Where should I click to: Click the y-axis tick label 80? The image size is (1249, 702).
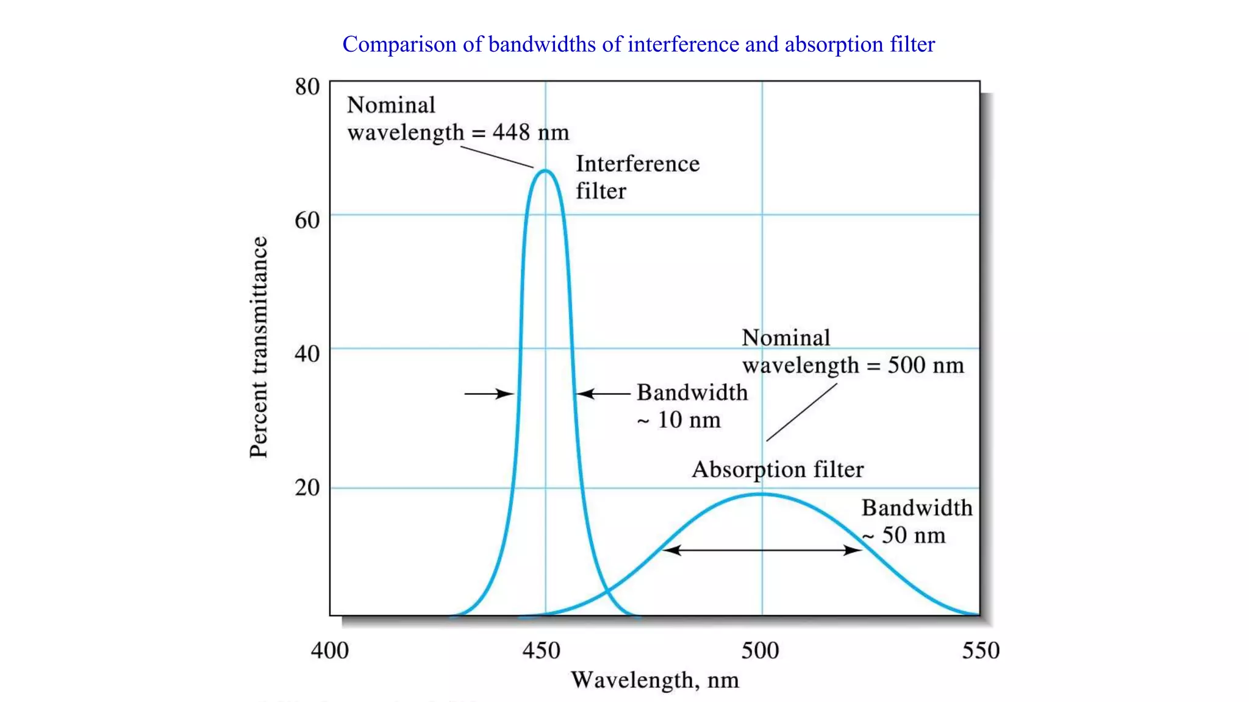[x=307, y=87]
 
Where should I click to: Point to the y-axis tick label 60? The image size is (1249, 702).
[x=307, y=220]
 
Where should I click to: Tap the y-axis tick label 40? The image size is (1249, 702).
[x=307, y=353]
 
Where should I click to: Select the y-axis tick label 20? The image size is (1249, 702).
[x=307, y=487]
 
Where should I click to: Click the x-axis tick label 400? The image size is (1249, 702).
[x=329, y=650]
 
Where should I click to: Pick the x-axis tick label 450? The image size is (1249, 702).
[x=541, y=650]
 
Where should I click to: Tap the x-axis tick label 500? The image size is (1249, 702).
[x=760, y=650]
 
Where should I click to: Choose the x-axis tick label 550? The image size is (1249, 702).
[x=981, y=650]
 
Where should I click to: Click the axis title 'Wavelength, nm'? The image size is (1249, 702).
[x=654, y=680]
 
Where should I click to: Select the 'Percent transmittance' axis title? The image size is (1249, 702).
[x=259, y=347]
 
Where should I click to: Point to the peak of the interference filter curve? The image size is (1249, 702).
[x=545, y=171]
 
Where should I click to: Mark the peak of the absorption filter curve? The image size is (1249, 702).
[x=761, y=494]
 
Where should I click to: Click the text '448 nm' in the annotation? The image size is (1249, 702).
[x=531, y=132]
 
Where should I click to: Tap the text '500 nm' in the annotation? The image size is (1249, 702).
[x=926, y=365]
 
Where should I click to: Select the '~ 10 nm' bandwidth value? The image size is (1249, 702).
[x=679, y=420]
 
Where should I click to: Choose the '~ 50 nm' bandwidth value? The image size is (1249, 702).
[x=904, y=535]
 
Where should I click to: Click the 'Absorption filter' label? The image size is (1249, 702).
[x=778, y=469]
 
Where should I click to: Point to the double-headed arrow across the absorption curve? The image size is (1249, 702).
[x=762, y=550]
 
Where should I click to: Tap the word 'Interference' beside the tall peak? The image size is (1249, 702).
[x=637, y=163]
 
